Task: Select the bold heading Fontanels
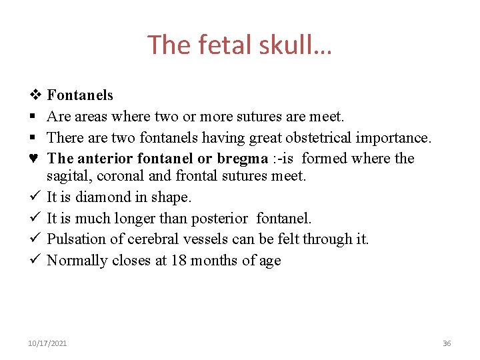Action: click(x=80, y=95)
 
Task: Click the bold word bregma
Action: click(x=242, y=159)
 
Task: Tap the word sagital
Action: click(x=66, y=176)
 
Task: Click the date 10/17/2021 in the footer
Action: click(x=47, y=343)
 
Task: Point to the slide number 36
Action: click(x=447, y=343)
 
